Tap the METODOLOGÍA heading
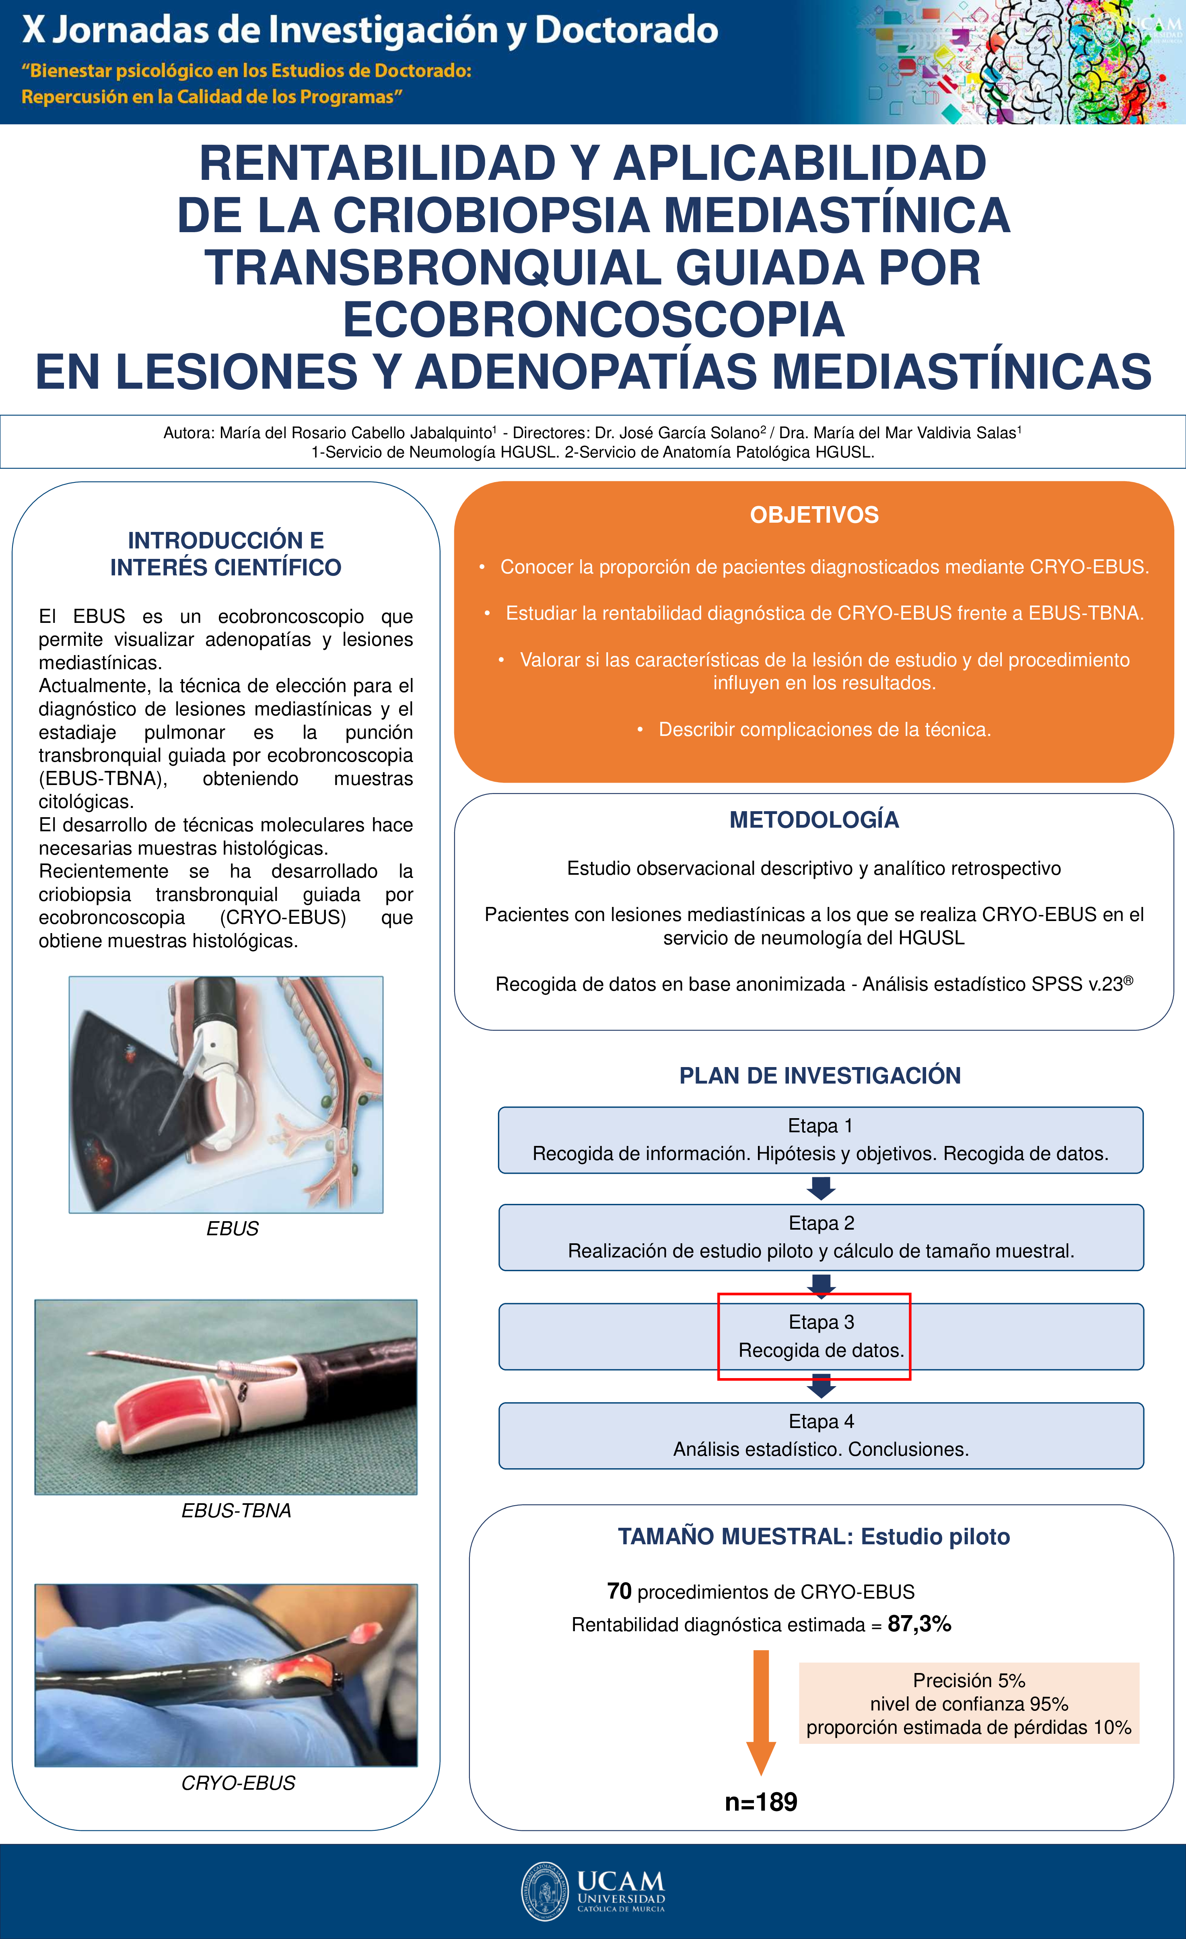(x=814, y=820)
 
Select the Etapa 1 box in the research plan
(x=820, y=1139)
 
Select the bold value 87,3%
(x=919, y=1624)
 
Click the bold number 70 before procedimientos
(x=620, y=1591)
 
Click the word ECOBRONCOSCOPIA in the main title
(x=593, y=319)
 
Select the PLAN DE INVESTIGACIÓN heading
(x=820, y=1076)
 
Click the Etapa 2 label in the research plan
(x=821, y=1223)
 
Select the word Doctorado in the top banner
(x=626, y=30)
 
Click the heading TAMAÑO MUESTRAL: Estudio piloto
(x=814, y=1537)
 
